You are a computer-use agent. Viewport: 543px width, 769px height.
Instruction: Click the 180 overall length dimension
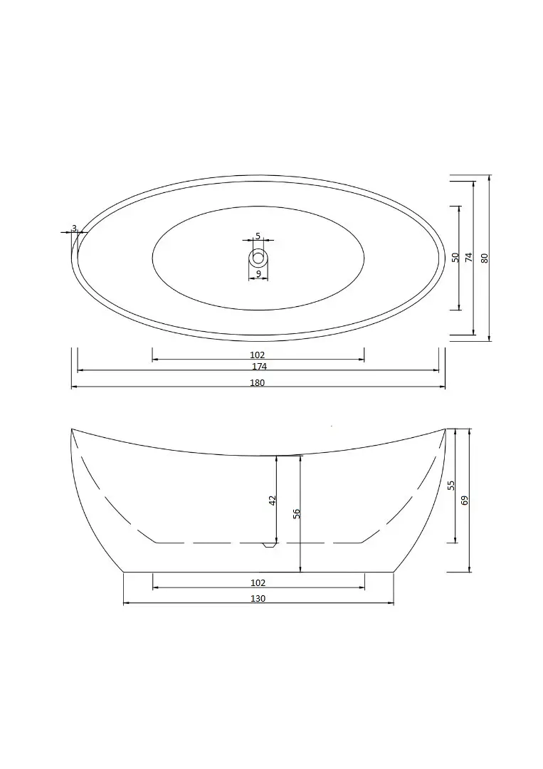tap(258, 383)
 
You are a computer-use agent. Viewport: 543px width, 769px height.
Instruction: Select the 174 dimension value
tap(259, 367)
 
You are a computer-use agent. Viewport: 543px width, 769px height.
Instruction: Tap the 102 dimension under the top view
tap(258, 355)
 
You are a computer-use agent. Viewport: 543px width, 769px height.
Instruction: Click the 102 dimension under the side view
tap(258, 582)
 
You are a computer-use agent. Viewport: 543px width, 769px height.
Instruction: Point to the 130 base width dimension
tap(258, 599)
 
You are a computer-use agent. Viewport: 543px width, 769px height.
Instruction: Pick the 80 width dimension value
tap(485, 258)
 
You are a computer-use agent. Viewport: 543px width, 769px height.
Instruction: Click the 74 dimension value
tap(468, 257)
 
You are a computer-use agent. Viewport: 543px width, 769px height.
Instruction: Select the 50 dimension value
tap(455, 257)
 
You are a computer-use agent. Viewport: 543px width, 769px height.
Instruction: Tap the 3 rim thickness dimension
tap(74, 228)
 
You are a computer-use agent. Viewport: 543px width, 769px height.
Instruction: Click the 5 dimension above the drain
tap(258, 236)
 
